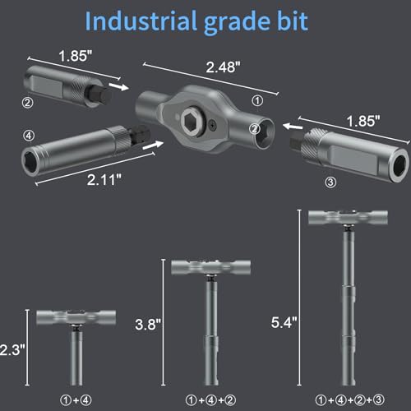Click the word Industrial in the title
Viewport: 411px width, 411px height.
pyautogui.click(x=141, y=21)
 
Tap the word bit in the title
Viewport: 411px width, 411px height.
pyautogui.click(x=293, y=21)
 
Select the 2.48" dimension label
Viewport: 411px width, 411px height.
pyautogui.click(x=223, y=67)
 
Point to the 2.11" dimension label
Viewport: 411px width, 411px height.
pyautogui.click(x=104, y=180)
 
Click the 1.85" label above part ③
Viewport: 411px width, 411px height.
pyautogui.click(x=363, y=121)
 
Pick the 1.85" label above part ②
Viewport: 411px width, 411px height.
pyautogui.click(x=76, y=56)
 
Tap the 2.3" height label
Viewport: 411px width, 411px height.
pyautogui.click(x=12, y=350)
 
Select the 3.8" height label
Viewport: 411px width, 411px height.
pyautogui.click(x=148, y=325)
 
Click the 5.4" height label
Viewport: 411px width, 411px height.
pyautogui.click(x=284, y=322)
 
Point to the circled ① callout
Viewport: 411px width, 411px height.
pyautogui.click(x=257, y=101)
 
